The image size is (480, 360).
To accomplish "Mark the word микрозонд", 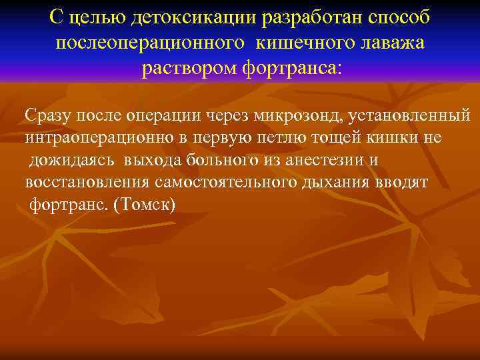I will [296, 115].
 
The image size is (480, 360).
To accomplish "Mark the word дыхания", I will [348, 182].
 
